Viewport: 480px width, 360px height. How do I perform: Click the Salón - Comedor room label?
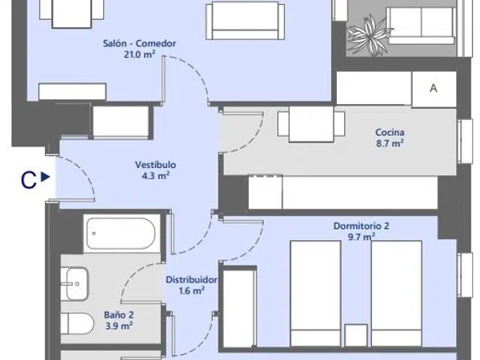139,43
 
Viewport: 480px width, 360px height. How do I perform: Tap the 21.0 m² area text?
139,54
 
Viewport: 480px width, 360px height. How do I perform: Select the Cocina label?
390,133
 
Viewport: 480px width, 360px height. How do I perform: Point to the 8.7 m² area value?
390,143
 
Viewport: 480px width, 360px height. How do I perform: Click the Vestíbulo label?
155,165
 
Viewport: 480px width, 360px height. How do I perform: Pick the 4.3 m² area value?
155,176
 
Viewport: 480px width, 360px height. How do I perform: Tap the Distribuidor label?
191,280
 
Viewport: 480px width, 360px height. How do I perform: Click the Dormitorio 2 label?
362,226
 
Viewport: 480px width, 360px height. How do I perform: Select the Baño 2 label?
118,315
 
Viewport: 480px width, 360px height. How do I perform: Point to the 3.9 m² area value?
118,326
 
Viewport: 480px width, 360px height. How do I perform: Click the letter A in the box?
434,88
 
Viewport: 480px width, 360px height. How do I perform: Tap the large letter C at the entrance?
29,180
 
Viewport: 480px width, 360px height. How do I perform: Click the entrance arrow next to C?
46,177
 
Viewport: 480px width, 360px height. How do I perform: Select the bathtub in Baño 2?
122,234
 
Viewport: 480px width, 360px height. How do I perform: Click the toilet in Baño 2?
77,324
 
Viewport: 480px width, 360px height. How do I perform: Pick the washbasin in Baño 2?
74,284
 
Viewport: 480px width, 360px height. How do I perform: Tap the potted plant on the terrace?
369,35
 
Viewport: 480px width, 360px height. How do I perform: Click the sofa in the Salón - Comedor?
246,21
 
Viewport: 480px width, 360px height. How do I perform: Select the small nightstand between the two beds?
356,335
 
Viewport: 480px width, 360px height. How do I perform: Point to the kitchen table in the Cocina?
311,124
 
